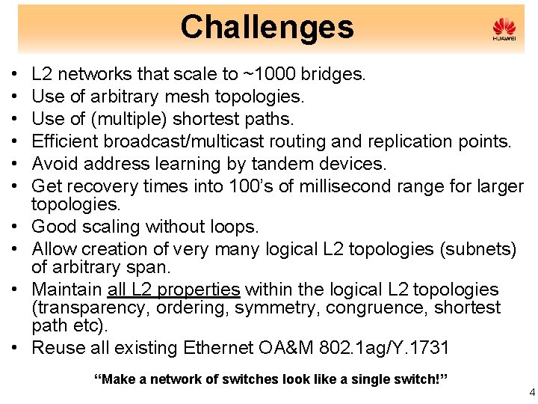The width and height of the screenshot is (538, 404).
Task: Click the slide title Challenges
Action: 267,27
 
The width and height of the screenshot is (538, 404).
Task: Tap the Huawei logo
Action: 504,30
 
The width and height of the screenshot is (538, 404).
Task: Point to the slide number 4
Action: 531,391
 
